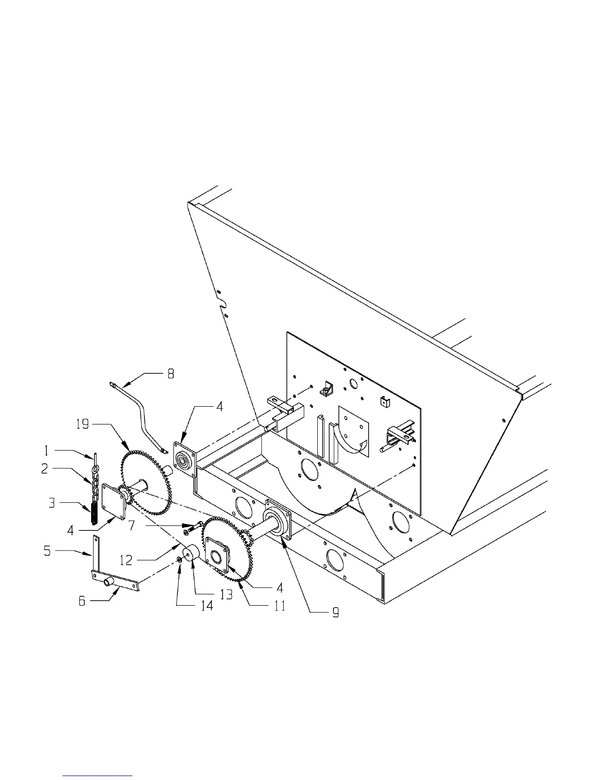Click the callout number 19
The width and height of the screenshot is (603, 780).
tap(83, 423)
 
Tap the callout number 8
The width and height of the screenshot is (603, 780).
tap(170, 374)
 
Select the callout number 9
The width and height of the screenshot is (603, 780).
tap(335, 613)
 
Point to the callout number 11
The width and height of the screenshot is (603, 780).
tap(279, 606)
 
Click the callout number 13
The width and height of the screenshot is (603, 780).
tap(226, 595)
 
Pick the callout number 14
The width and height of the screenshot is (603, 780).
tap(207, 606)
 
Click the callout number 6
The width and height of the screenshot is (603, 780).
tap(82, 600)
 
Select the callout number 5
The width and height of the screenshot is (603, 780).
tap(47, 550)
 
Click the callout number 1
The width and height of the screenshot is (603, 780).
tap(47, 450)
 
